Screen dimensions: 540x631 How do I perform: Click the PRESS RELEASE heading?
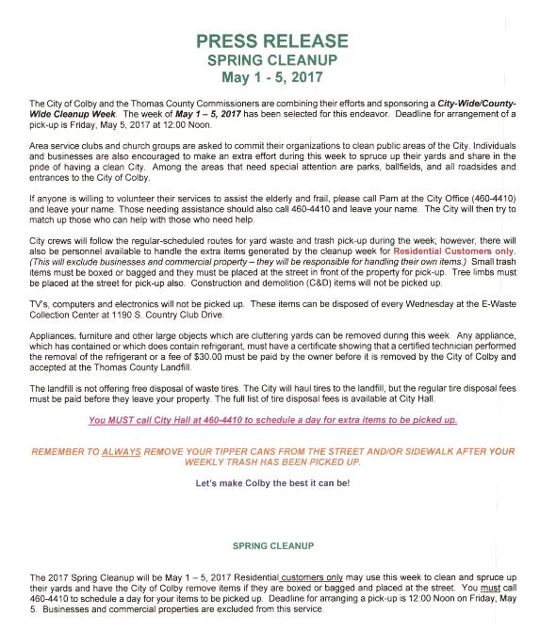[x=272, y=41]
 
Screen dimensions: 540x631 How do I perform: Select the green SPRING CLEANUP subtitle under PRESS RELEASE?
[x=272, y=59]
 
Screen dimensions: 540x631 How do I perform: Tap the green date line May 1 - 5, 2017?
[x=272, y=76]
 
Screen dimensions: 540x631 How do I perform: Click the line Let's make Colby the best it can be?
[x=272, y=483]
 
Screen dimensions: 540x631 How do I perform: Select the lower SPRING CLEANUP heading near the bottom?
[x=272, y=545]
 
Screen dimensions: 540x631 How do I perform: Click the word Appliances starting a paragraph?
[x=53, y=336]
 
